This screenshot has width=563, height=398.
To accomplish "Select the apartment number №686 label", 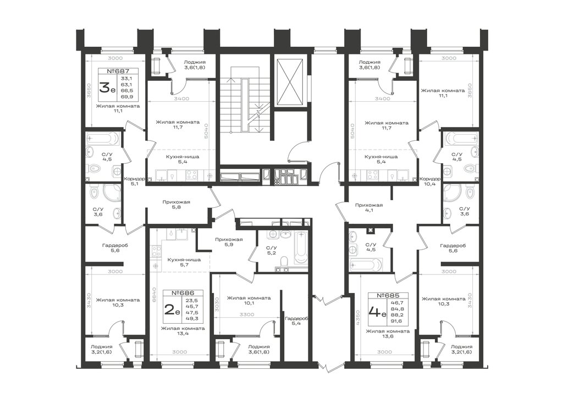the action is tap(183, 293).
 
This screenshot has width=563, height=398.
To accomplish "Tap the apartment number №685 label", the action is tap(388, 296).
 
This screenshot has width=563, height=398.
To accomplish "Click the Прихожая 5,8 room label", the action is tap(176, 204).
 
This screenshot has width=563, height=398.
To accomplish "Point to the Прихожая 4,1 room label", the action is tap(369, 208).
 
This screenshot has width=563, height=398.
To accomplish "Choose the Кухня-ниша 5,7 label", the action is tap(184, 262).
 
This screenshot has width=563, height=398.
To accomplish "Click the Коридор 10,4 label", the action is tap(430, 181).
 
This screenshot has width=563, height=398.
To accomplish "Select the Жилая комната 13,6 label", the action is tap(388, 334).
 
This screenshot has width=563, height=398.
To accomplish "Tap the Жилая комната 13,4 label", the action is tap(183, 331).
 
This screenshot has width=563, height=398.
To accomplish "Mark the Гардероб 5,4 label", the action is tap(296, 321).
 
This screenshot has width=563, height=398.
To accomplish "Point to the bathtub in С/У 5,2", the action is tap(301, 248).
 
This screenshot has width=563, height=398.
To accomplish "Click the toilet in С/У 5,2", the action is tap(284, 260).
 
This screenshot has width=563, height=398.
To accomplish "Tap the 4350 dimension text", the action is tap(357, 318).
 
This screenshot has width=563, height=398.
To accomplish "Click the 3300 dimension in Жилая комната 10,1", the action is tap(247, 314).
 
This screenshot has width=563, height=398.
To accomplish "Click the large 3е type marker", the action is tap(107, 88).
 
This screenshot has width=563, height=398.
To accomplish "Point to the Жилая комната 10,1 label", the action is tap(249, 300).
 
